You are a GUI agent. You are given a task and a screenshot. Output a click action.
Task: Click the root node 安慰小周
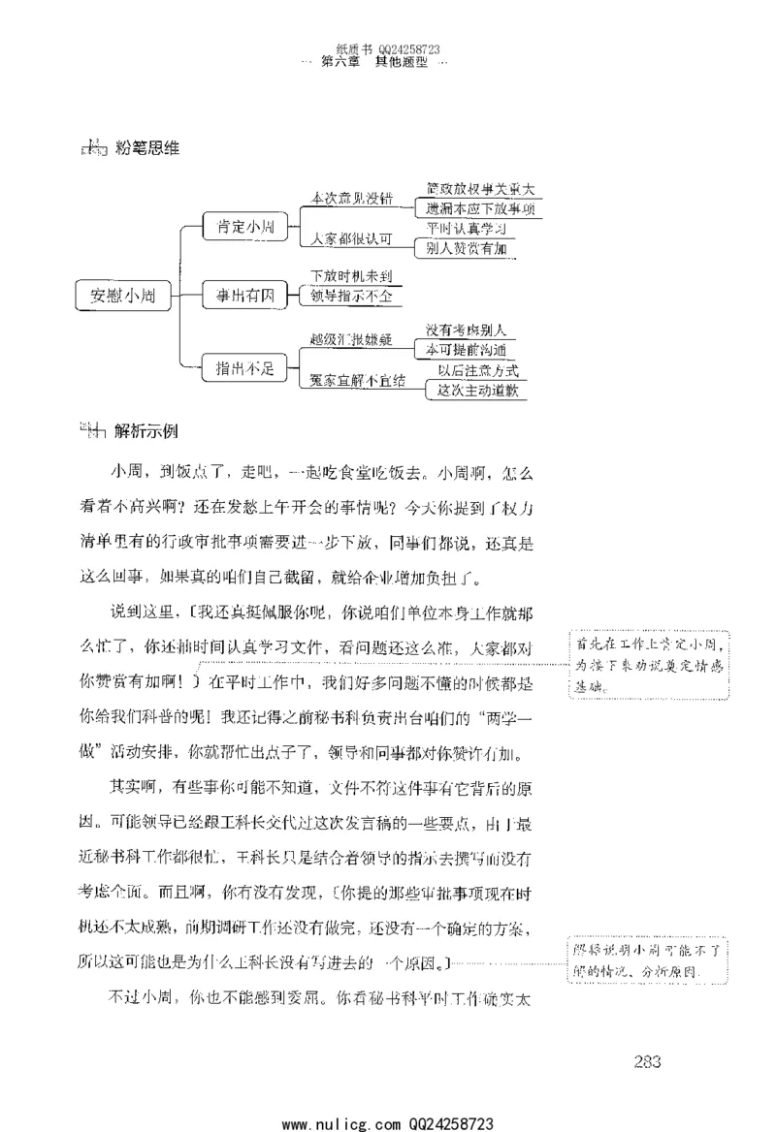(123, 295)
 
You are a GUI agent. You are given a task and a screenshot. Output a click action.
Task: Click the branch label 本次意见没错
(351, 198)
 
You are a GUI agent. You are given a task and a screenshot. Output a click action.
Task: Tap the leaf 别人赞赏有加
(468, 248)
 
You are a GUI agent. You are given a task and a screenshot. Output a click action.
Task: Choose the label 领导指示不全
(350, 295)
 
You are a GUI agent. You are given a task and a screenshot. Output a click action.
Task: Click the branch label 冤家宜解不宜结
(357, 379)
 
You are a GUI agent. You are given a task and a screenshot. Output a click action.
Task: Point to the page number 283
(648, 1060)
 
